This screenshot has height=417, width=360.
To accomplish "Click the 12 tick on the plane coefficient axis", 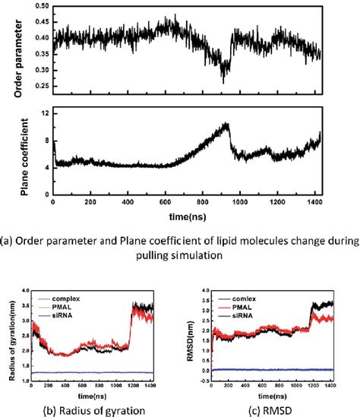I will tap(45, 112).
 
